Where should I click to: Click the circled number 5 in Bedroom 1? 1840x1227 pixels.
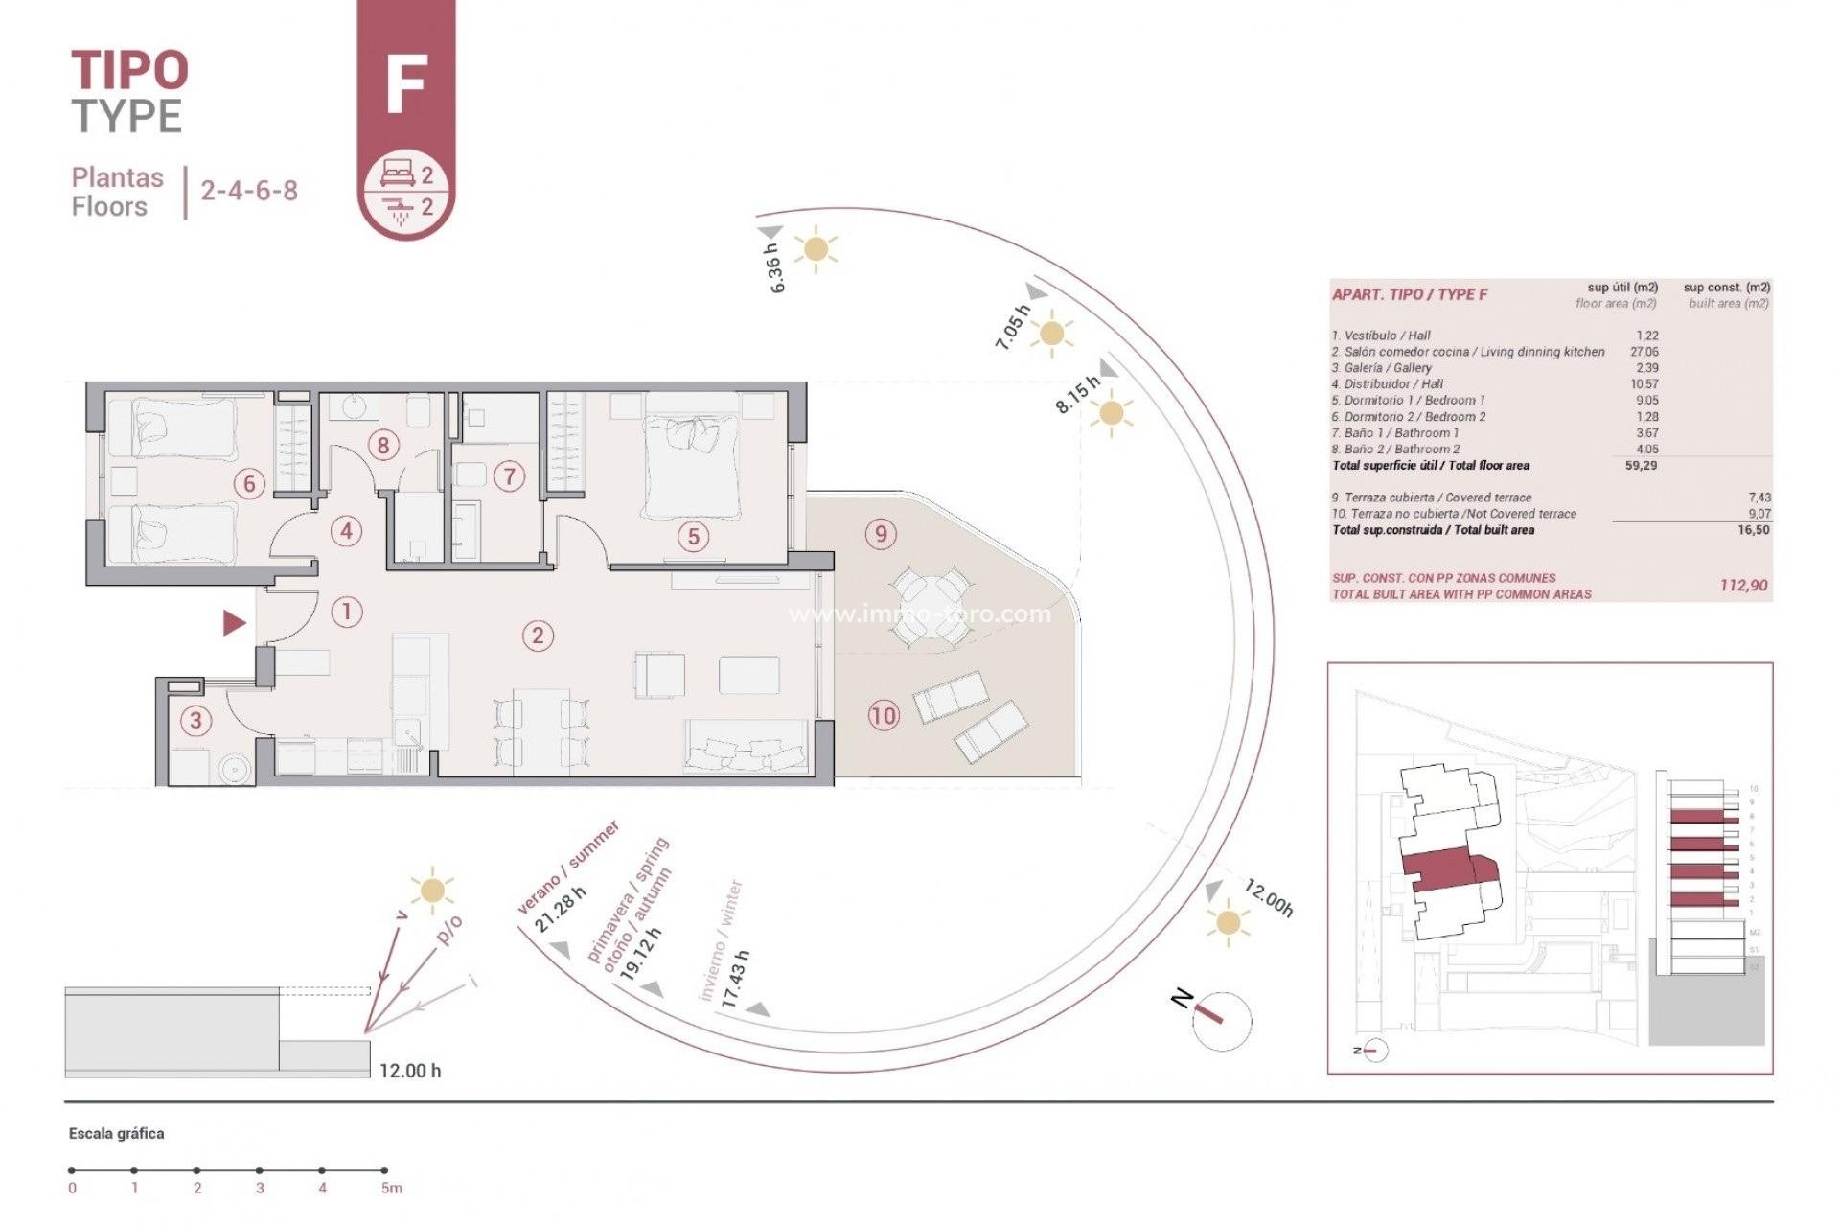(694, 537)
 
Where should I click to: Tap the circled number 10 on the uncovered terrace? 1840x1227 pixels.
(883, 715)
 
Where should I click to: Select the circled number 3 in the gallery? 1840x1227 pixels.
(196, 720)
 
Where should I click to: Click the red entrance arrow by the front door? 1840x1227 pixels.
(234, 623)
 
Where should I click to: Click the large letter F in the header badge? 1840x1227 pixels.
(405, 84)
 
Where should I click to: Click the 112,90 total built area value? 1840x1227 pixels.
(1743, 585)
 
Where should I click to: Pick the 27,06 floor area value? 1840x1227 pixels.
(1644, 352)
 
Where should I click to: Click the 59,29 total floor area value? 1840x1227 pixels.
(1641, 466)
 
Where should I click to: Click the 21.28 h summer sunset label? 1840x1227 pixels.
(560, 910)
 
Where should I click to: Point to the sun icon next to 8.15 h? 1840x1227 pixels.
(1111, 414)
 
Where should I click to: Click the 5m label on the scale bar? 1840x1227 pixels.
(391, 1189)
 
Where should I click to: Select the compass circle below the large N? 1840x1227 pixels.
(1223, 1021)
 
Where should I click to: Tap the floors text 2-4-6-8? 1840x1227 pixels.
(249, 191)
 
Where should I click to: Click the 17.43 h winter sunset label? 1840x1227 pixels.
(735, 978)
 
